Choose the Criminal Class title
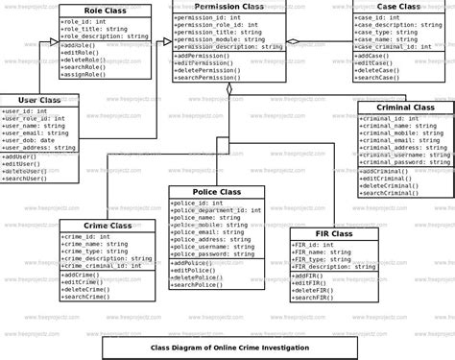pos(403,108)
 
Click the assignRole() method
pos(86,73)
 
